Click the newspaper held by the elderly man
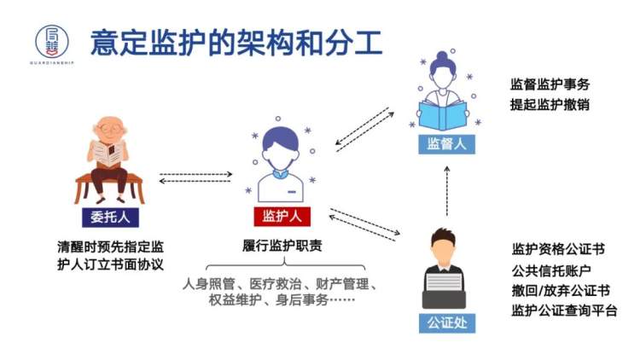tap(108, 153)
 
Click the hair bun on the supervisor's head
tap(445, 57)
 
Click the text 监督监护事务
tap(550, 85)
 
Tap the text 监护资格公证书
tap(558, 250)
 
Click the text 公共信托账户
tap(550, 270)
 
